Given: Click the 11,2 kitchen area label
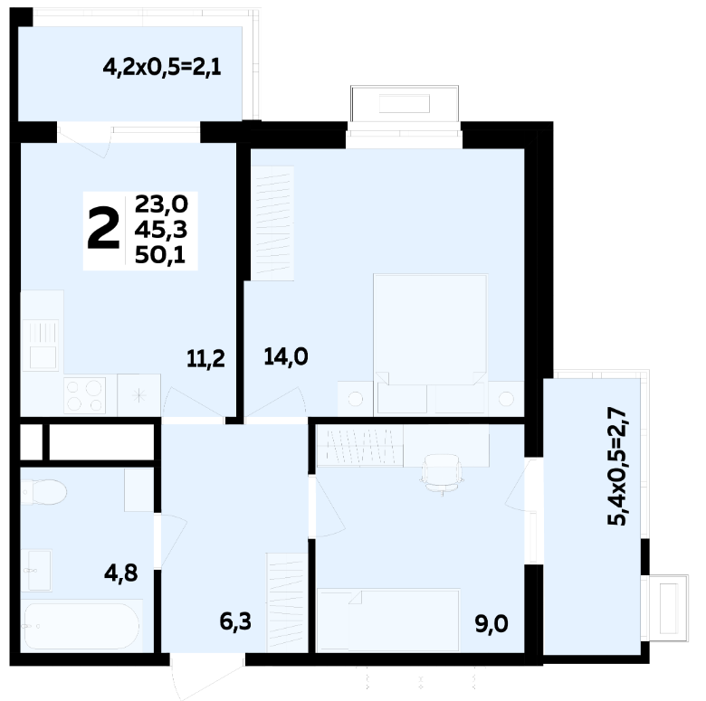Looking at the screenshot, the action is pyautogui.click(x=205, y=359).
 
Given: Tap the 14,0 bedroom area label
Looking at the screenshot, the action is pyautogui.click(x=286, y=356).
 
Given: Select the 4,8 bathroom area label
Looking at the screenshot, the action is pyautogui.click(x=121, y=573).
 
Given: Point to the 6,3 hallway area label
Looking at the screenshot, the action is pyautogui.click(x=235, y=621).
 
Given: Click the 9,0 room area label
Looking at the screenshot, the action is pyautogui.click(x=491, y=624).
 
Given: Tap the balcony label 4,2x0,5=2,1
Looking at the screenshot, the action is pyautogui.click(x=162, y=68).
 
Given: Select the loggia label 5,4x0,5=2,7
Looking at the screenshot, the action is pyautogui.click(x=617, y=466).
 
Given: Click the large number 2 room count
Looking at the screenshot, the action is pyautogui.click(x=103, y=230).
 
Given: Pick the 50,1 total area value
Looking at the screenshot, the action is pyautogui.click(x=160, y=256).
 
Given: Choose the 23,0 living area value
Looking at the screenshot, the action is pyautogui.click(x=161, y=204).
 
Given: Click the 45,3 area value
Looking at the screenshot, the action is pyautogui.click(x=161, y=230).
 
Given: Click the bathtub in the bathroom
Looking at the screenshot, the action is pyautogui.click(x=82, y=625).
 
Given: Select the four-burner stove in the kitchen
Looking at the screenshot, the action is pyautogui.click(x=85, y=395).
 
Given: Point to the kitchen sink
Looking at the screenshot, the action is pyautogui.click(x=43, y=346).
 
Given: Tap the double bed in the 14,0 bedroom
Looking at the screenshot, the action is pyautogui.click(x=430, y=345).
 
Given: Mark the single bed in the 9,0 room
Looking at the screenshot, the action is pyautogui.click(x=388, y=620).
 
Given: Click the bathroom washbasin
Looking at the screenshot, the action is pyautogui.click(x=39, y=570).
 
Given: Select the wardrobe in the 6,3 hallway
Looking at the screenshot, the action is pyautogui.click(x=287, y=602).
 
